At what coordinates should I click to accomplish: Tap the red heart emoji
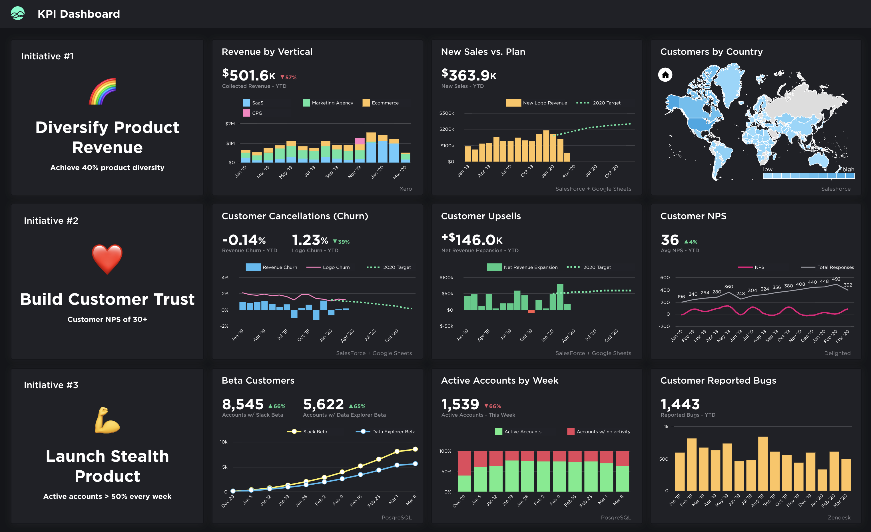click(107, 259)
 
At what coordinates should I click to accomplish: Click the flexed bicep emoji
click(107, 420)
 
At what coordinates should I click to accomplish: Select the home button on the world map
click(665, 75)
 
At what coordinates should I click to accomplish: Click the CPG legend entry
click(253, 113)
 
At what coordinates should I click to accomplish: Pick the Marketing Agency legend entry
click(328, 103)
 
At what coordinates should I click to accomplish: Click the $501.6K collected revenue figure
click(248, 75)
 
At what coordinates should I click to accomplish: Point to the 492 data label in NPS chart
click(836, 279)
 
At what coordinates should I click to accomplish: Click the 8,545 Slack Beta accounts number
click(243, 404)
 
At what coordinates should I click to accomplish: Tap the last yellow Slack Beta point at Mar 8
click(415, 449)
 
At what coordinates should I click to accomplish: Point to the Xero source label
click(406, 189)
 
